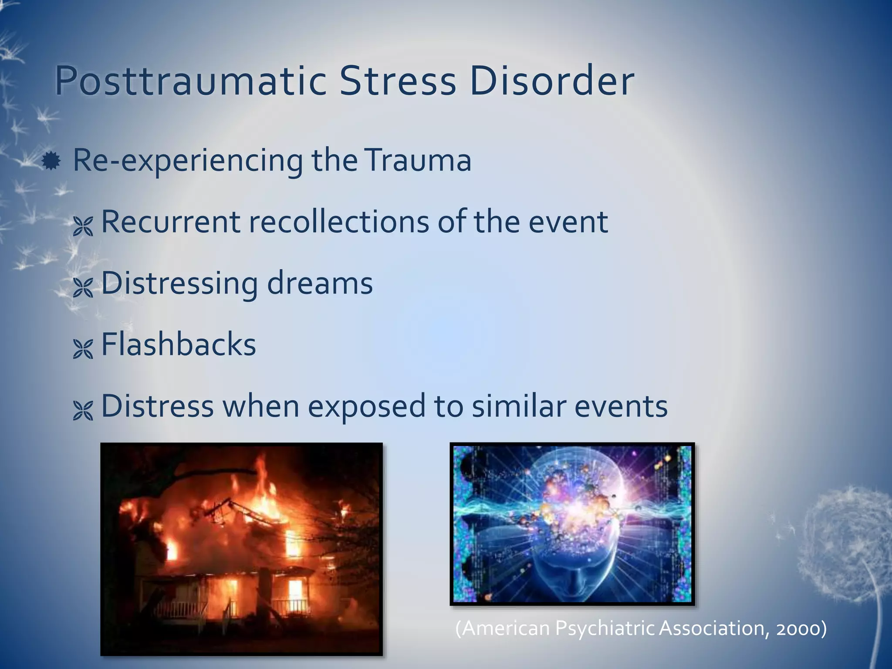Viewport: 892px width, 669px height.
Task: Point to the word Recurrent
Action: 170,222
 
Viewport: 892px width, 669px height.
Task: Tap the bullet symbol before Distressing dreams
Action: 83,287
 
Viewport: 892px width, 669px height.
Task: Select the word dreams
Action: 320,283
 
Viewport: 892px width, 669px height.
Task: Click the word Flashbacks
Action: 179,345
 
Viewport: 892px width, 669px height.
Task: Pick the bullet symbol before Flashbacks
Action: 83,349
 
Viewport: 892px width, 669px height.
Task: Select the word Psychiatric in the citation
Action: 605,628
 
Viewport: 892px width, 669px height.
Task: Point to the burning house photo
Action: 241,549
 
